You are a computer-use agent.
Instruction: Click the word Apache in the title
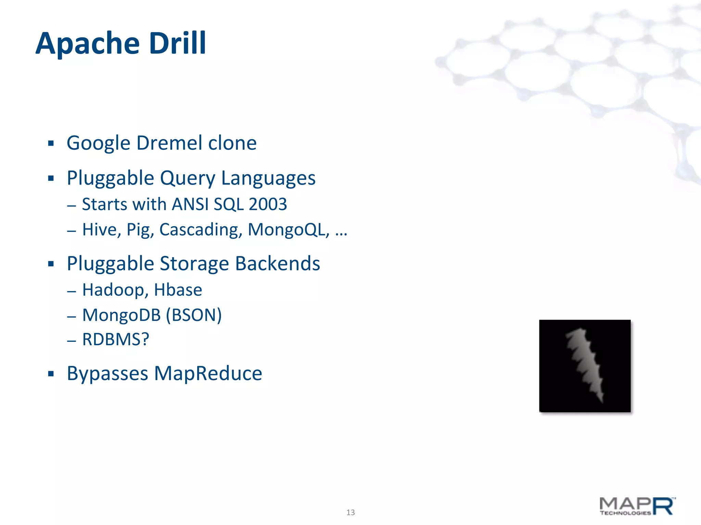(88, 44)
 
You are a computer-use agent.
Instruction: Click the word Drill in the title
(178, 43)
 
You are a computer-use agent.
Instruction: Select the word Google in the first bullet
(99, 144)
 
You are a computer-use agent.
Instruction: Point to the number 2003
(268, 204)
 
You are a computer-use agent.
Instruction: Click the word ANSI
(190, 204)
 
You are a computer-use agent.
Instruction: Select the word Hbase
(178, 290)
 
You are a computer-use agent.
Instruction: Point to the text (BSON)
(194, 315)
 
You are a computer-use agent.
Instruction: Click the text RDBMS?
(116, 339)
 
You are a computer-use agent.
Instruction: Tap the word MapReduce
(208, 373)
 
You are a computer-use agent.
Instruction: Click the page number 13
(350, 512)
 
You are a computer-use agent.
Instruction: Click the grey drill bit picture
(585, 366)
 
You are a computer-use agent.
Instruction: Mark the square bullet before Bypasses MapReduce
(51, 374)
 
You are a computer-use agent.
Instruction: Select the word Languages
(268, 178)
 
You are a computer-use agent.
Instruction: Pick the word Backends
(278, 264)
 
